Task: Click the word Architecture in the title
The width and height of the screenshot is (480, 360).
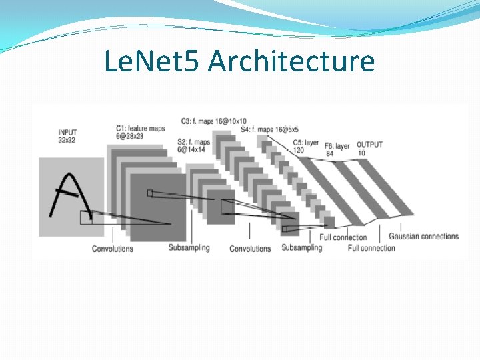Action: coord(291,61)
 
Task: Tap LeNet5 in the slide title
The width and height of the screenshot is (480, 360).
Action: coord(153,61)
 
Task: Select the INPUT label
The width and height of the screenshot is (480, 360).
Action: coord(67,132)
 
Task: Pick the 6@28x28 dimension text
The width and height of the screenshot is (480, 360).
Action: coord(129,136)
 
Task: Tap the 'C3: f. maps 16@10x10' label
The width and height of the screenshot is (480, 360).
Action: coord(213,121)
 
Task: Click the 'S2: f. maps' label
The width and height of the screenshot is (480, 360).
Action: coord(193,142)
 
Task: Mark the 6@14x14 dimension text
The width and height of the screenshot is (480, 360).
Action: coord(193,150)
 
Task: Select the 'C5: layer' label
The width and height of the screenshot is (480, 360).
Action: coord(306,143)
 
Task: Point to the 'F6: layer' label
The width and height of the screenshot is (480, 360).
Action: coord(337,145)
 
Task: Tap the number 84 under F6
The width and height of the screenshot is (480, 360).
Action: coord(329,153)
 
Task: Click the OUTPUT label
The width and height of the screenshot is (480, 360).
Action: coord(370,145)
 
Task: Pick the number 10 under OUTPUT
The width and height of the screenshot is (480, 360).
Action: coord(361,153)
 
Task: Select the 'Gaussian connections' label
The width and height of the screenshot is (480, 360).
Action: coord(423,236)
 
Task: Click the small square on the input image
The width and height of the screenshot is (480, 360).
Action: coord(86,217)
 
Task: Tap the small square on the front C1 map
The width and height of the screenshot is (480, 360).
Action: coord(150,193)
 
